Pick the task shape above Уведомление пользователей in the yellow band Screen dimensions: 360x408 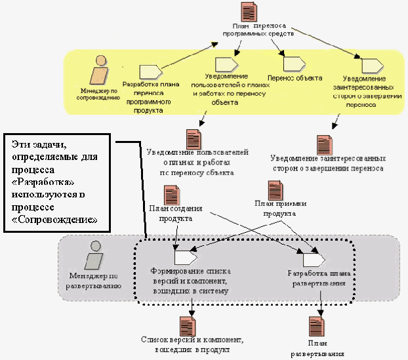225,63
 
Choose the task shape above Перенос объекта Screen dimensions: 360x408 291,63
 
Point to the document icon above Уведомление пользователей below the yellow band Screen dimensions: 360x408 193,138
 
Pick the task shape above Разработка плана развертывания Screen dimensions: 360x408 309,251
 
